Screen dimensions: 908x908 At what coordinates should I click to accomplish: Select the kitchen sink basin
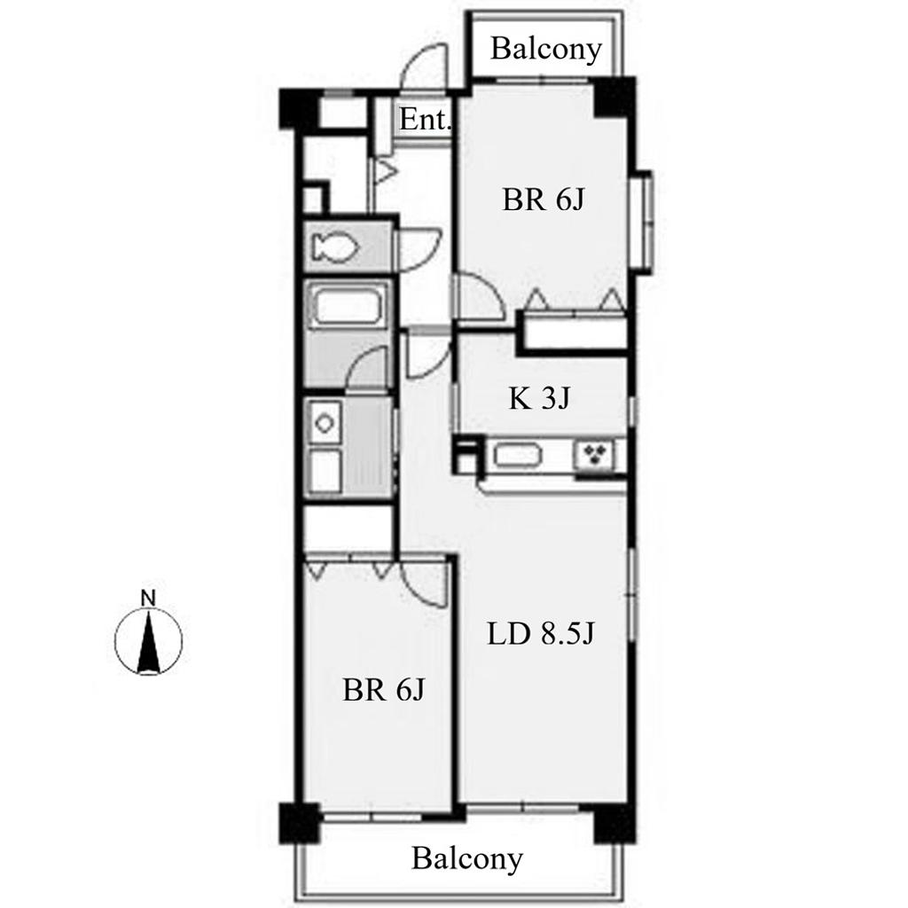tap(518, 453)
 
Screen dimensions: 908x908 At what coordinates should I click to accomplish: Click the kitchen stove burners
tap(594, 455)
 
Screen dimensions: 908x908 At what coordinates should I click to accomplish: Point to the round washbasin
tap(325, 423)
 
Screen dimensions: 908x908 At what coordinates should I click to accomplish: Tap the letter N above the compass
tap(149, 599)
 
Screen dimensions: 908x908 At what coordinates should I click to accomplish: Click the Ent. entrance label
tap(425, 120)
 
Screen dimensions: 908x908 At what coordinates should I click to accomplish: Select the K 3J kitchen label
tap(540, 398)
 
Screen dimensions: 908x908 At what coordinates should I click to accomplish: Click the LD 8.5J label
tap(540, 633)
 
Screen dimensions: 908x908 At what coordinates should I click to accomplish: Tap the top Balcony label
tap(546, 49)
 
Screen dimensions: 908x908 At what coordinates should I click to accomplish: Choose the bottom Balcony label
tap(466, 858)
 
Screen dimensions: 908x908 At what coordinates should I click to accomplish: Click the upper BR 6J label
tap(544, 200)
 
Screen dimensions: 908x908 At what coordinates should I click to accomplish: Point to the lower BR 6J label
tap(383, 690)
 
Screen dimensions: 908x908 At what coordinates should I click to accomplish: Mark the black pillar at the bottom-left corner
tap(300, 823)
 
